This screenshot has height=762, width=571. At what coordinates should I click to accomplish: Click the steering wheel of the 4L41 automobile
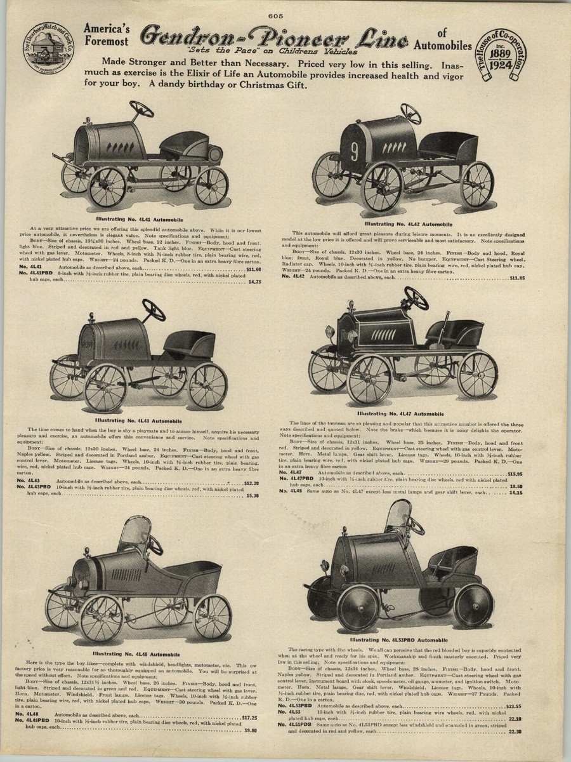141,109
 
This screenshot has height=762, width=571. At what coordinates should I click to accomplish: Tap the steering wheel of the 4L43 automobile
154,310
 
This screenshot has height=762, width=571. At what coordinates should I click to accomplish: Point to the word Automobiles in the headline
442,45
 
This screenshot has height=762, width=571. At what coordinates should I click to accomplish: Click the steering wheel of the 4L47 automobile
416,298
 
